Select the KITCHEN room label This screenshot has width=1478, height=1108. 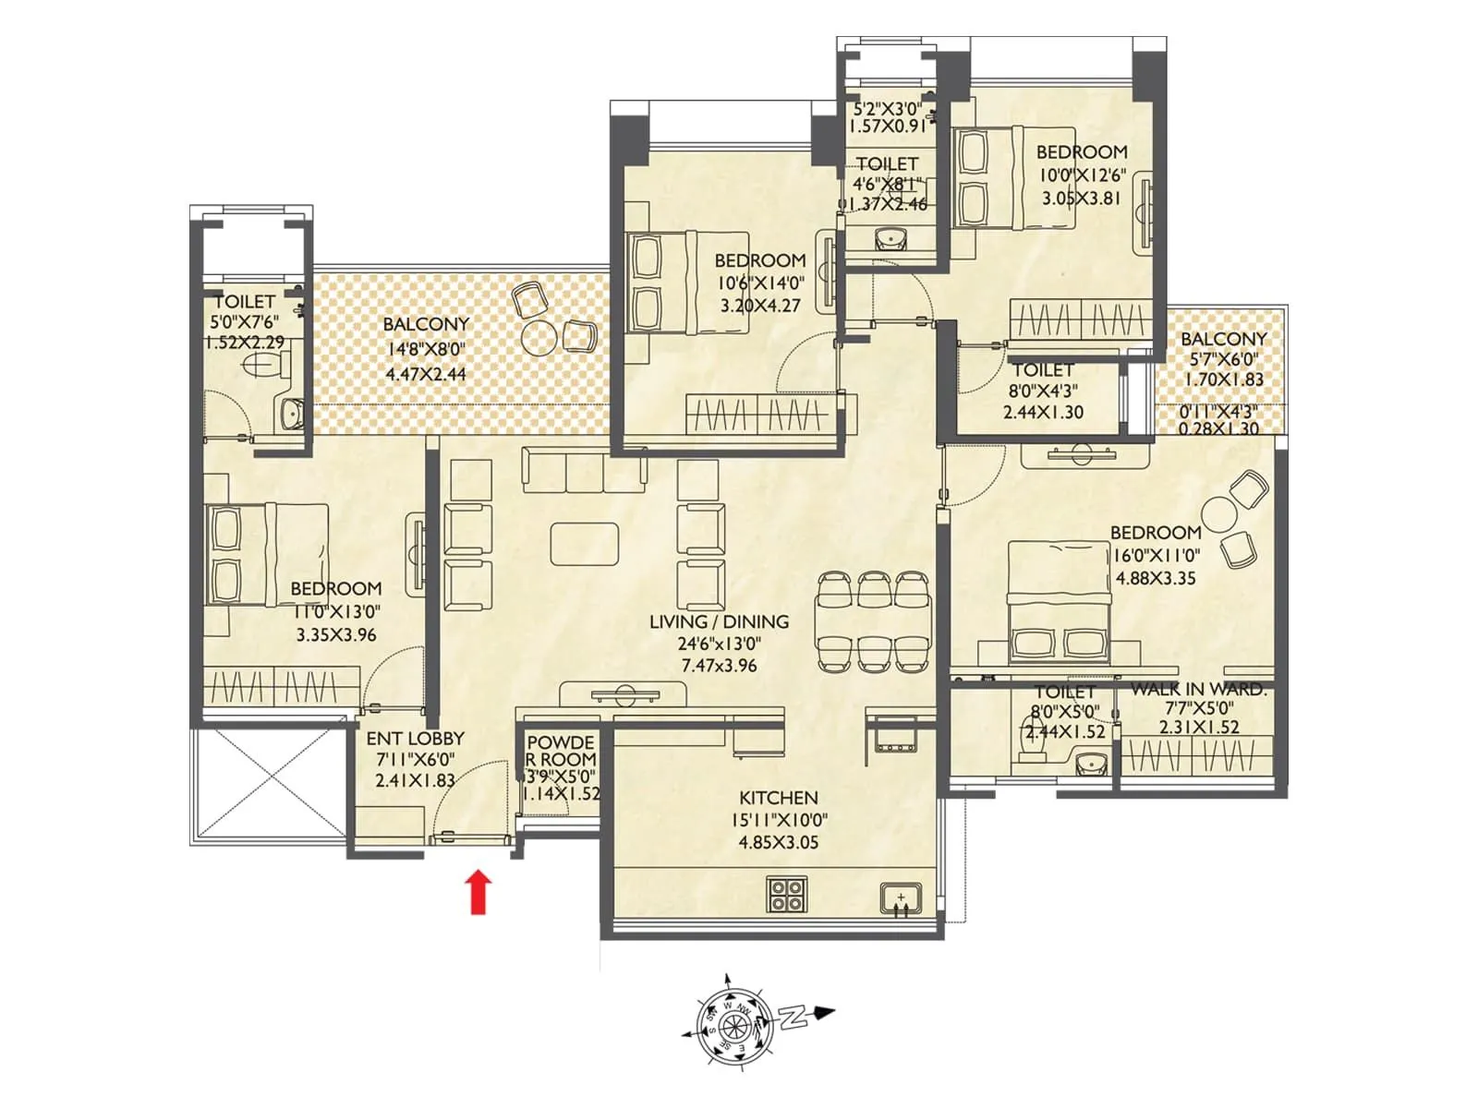click(778, 798)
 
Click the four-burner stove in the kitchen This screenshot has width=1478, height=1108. click(787, 893)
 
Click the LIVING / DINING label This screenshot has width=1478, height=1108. click(719, 622)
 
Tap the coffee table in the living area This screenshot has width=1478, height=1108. click(584, 544)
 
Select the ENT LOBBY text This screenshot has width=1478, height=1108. click(415, 739)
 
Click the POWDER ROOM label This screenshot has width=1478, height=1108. click(561, 751)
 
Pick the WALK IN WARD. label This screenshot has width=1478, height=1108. click(1198, 690)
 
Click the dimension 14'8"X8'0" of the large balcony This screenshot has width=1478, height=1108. click(425, 349)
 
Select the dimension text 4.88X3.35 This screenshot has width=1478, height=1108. click(1155, 578)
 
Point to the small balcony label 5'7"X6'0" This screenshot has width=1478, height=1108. click(1224, 360)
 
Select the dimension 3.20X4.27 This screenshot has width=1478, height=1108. click(759, 305)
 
